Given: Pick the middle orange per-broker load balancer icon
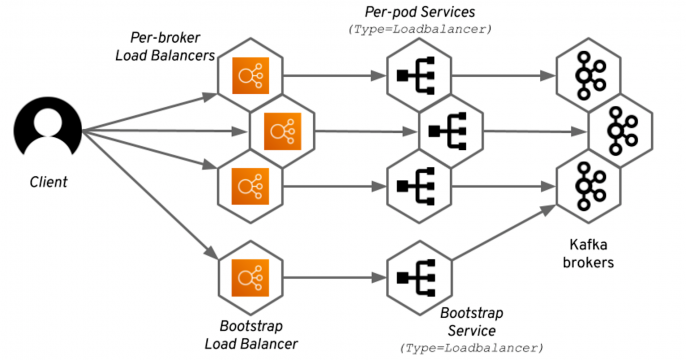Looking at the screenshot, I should pos(281,130).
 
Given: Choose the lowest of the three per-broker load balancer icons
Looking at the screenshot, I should pos(249,184).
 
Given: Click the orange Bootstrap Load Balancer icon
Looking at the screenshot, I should pos(249,275).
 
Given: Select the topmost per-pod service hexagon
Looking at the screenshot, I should pos(415,75).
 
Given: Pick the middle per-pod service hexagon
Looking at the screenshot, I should pos(447,130).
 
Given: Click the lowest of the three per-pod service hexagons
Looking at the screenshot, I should pos(415,185).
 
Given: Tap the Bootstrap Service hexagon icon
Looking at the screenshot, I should pos(415,276).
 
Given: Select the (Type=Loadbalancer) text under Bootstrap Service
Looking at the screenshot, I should pos(472,347).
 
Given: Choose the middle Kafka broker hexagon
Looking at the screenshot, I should pos(619,130).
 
